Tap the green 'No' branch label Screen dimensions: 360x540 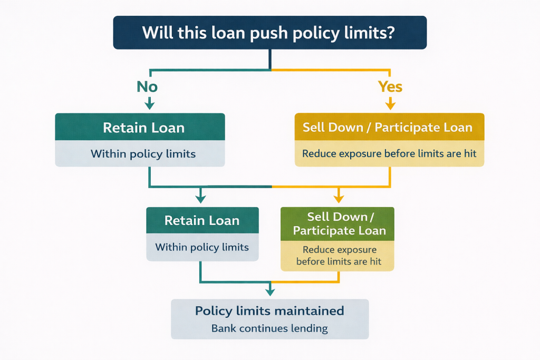point(147,86)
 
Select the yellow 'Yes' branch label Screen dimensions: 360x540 point(390,86)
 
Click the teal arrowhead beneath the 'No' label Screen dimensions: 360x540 point(150,105)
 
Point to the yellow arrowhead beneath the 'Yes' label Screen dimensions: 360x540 point(390,105)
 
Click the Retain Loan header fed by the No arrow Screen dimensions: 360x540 point(140,128)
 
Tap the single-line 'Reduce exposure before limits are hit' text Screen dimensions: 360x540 point(389,154)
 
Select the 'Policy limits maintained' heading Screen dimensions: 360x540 point(269,310)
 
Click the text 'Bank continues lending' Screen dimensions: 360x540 point(269,328)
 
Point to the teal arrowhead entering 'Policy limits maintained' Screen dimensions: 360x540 point(270,290)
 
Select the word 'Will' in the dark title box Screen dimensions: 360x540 point(156,33)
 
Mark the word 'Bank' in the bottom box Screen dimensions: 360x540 point(224,328)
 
